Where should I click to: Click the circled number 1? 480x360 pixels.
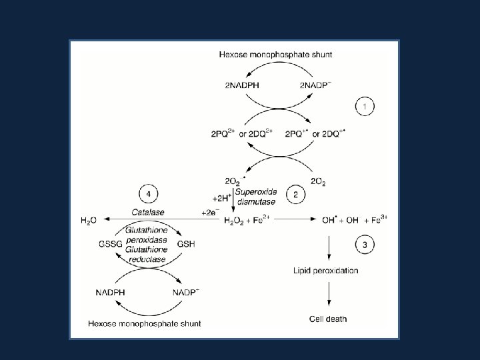364,106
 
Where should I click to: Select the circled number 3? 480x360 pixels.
364,244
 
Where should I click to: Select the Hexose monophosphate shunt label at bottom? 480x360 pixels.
145,323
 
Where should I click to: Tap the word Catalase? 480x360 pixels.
148,212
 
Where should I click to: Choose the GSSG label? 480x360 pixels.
111,245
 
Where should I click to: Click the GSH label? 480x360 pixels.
185,245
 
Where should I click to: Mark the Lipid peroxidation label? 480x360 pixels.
326,270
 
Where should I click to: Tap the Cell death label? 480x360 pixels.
328,319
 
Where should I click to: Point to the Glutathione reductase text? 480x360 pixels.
148,259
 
